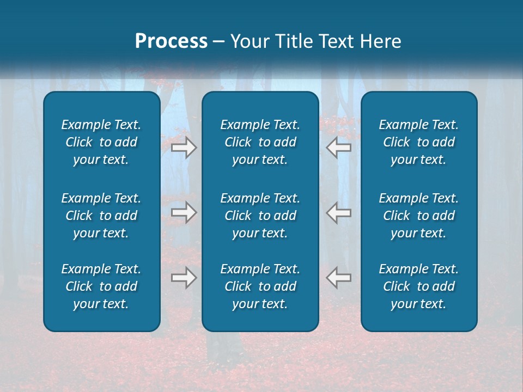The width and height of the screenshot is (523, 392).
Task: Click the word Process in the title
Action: [171, 41]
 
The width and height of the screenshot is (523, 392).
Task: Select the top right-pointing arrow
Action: [184, 147]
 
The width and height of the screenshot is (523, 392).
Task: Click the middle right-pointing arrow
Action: [184, 213]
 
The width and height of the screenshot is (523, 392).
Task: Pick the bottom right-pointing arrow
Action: [184, 278]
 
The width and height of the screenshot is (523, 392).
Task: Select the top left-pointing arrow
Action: [339, 147]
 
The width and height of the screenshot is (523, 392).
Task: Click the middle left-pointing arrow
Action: [339, 213]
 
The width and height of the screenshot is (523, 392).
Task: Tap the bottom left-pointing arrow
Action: [339, 278]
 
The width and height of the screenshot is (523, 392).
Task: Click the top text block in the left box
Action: [101, 142]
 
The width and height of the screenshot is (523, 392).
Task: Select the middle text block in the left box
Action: [101, 216]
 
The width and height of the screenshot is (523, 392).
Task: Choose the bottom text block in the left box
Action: [101, 286]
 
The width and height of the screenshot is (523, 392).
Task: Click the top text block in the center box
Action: [260, 142]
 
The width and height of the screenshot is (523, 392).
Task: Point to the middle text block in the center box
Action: [260, 216]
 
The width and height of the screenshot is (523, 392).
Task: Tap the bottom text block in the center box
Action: [260, 286]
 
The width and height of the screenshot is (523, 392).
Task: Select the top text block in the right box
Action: [419, 142]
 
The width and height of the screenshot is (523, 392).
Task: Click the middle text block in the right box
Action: [419, 216]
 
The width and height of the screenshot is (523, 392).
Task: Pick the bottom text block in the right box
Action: [419, 286]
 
